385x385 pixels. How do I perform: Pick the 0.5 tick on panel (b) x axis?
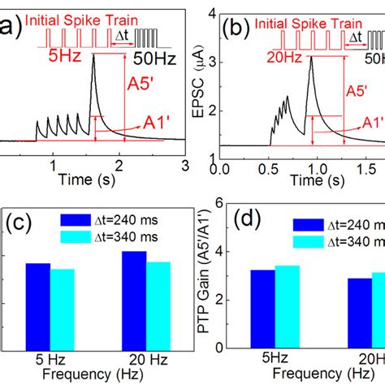pos(269,173)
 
